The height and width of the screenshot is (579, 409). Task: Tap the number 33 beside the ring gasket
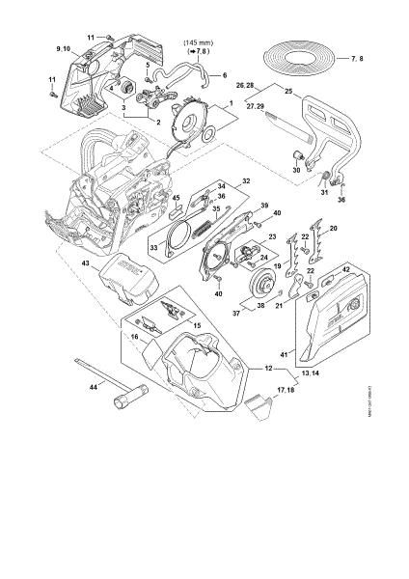pos(154,246)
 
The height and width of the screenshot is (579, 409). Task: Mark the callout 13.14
pos(285,371)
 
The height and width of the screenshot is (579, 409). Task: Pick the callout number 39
pos(264,206)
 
